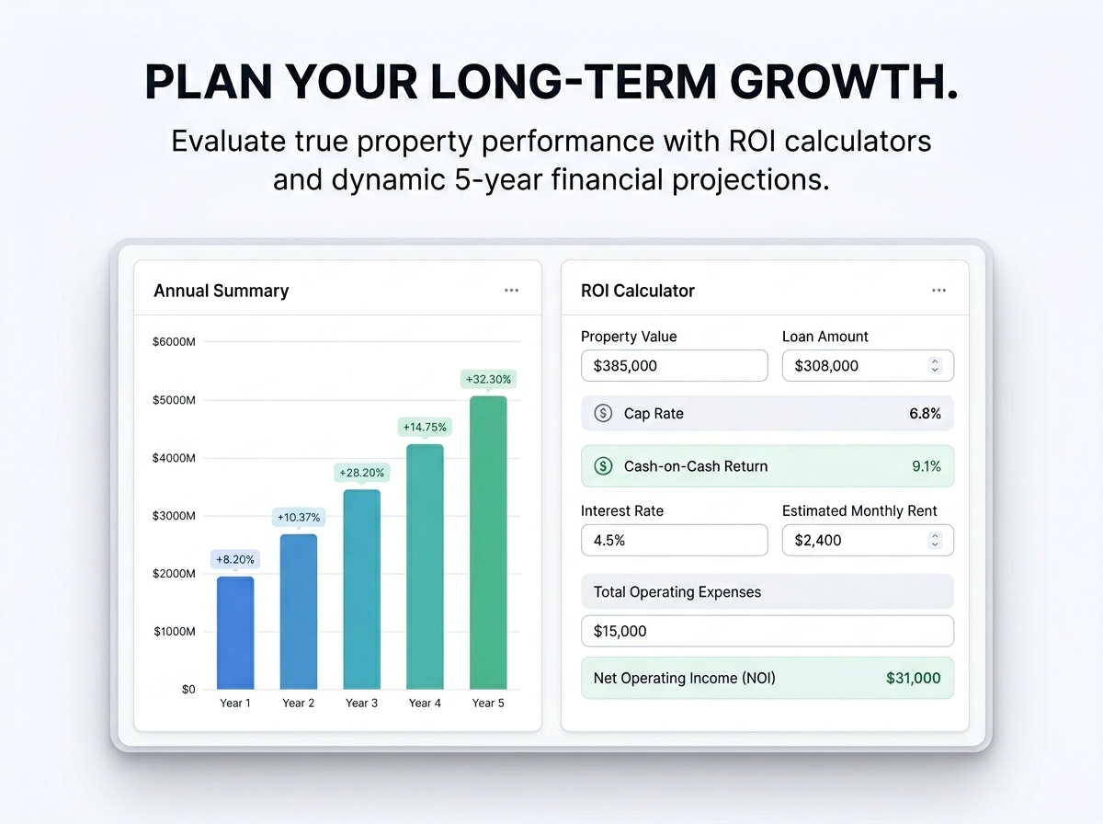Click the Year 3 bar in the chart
362,589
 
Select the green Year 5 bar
488,543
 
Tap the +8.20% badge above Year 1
235,559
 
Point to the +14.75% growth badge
425,428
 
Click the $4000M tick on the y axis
174,458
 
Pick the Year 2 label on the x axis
299,703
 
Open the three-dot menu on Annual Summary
512,290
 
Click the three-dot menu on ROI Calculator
938,290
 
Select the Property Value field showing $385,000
675,365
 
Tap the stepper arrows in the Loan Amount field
935,365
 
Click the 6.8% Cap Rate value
925,413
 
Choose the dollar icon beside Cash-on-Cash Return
603,466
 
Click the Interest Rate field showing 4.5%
675,540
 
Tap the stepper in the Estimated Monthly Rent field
935,540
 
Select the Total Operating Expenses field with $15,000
768,631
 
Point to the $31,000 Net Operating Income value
913,678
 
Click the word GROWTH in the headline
844,82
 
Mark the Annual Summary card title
222,291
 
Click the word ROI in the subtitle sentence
752,141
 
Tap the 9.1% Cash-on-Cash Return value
927,466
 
